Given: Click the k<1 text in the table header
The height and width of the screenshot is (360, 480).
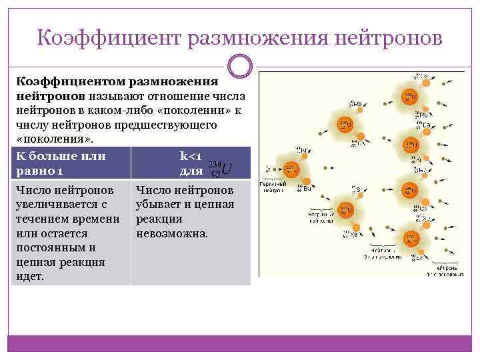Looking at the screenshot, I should [191, 156].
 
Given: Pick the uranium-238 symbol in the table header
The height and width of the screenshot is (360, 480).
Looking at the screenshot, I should [221, 167].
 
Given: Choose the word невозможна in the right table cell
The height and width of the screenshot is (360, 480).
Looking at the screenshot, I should [171, 234].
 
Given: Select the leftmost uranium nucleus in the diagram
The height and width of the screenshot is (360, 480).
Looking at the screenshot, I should [291, 171].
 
